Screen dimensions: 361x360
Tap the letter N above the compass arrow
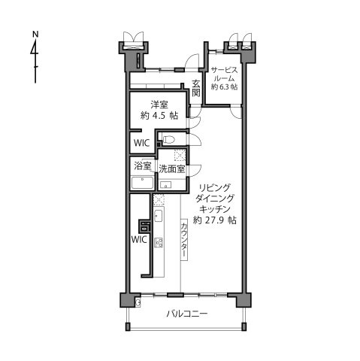click(35, 34)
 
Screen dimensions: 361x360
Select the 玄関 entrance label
click(196, 88)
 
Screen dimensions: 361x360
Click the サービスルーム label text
click(223, 74)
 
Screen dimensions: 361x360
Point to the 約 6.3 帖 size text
click(224, 88)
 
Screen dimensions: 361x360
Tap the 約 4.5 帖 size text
click(159, 116)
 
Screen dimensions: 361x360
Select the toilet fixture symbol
click(169, 139)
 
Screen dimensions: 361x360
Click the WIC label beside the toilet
click(141, 142)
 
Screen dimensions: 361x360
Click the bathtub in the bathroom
click(141, 184)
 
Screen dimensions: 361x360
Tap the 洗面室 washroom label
click(172, 168)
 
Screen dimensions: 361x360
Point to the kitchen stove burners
click(159, 242)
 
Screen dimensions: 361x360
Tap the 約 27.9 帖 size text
click(215, 221)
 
